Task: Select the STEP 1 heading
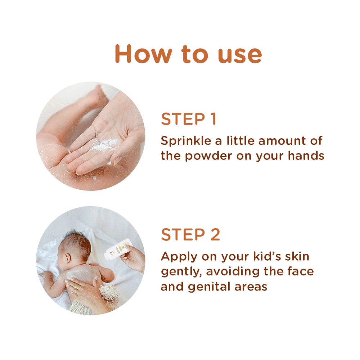tap(188, 120)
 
